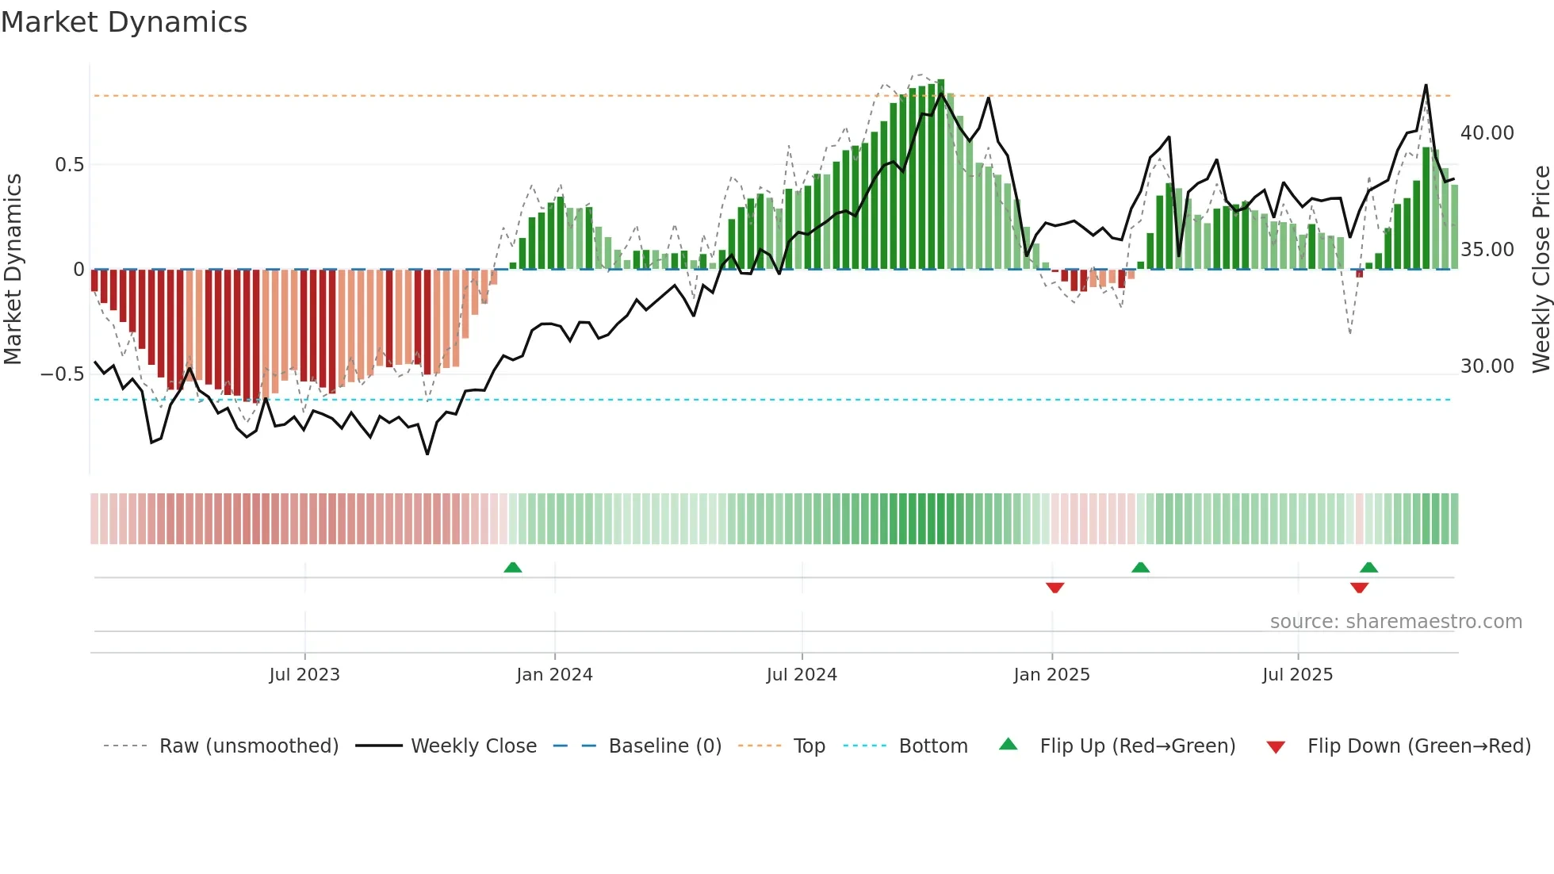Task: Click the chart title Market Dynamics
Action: (124, 22)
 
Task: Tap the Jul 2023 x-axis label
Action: (304, 675)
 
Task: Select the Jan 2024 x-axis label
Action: (554, 675)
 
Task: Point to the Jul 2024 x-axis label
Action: (802, 675)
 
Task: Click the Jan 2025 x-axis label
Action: (1051, 675)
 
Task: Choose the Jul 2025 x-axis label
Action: (1298, 675)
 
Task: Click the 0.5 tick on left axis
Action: (69, 165)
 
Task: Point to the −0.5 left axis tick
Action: (63, 374)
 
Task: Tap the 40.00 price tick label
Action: (1487, 133)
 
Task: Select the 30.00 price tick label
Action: (1487, 366)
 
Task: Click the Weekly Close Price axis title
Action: (1541, 270)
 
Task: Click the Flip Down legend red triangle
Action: (1276, 747)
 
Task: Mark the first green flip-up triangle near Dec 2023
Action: (513, 567)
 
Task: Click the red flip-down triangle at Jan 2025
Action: (1054, 588)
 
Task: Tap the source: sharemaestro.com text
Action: (1395, 622)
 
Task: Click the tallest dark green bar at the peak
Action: (941, 174)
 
